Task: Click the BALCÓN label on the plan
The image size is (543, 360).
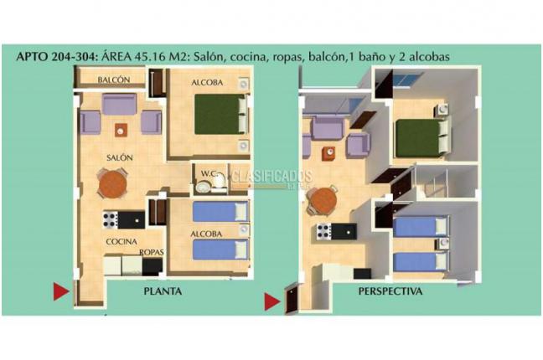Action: click(x=113, y=80)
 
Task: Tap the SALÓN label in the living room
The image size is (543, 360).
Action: click(x=119, y=157)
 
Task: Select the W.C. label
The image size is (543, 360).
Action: click(x=209, y=174)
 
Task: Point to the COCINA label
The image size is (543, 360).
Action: click(x=121, y=242)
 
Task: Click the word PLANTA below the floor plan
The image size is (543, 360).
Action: click(x=163, y=292)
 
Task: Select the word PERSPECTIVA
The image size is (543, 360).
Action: click(x=390, y=292)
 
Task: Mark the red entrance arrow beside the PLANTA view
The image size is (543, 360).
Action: click(x=60, y=291)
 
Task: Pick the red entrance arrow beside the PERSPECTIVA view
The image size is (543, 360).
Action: click(x=272, y=301)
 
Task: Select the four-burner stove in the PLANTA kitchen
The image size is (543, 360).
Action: click(x=110, y=220)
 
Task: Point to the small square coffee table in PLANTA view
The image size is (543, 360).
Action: click(x=122, y=130)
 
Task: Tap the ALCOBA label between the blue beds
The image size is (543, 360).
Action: click(x=208, y=234)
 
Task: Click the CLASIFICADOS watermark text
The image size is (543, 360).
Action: click(x=271, y=177)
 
